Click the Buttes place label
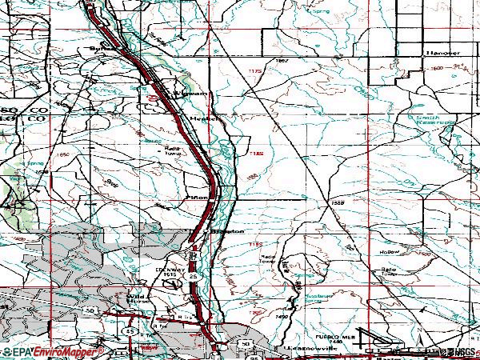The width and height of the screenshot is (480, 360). pos(102,47)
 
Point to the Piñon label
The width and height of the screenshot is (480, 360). pos(198,194)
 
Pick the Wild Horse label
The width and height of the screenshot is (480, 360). pos(138,299)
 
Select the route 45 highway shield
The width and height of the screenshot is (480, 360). pos(129,330)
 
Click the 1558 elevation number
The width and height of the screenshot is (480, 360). pos(338,203)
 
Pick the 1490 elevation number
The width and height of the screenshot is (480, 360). pos(282,317)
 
